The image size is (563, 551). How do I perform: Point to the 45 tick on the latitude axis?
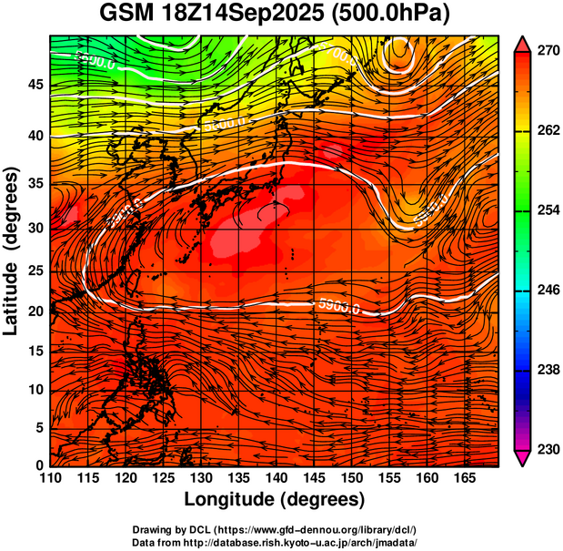(34, 84)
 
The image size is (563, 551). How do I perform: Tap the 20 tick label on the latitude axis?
(34, 311)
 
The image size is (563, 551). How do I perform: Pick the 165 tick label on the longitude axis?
(462, 477)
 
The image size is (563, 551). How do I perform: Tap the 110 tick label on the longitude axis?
(50, 477)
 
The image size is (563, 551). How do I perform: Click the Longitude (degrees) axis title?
(275, 499)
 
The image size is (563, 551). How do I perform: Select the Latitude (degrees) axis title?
(12, 250)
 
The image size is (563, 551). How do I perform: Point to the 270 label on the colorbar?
(548, 52)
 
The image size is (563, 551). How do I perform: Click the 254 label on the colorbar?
(548, 210)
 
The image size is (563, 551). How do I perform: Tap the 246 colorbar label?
(548, 291)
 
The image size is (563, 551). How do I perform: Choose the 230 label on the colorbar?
(548, 449)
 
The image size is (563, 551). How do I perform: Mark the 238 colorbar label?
(548, 370)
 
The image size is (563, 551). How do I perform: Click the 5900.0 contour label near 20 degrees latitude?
(339, 306)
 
